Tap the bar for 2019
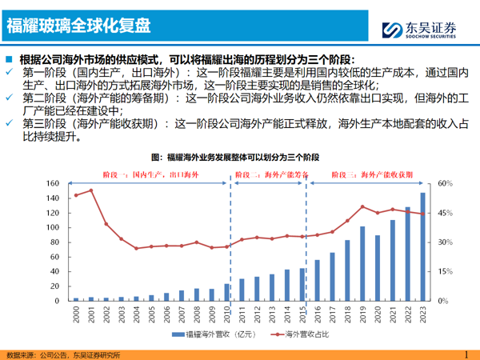362,263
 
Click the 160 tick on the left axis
54,183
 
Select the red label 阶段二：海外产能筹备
269,174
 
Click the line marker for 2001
91,190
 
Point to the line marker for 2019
362,206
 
